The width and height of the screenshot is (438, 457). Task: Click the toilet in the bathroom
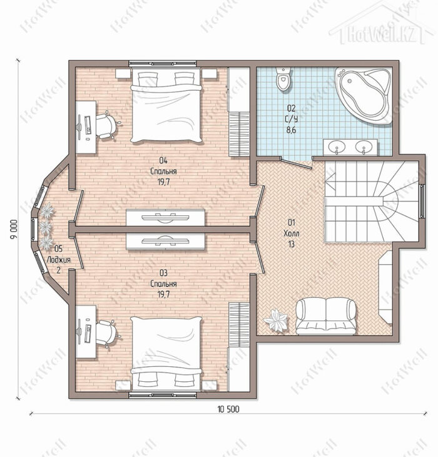283,79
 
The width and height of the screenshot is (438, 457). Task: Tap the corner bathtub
363,95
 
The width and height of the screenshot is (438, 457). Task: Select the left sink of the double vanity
337,146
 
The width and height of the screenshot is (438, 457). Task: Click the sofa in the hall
325,316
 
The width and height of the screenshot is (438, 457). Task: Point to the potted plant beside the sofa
276,320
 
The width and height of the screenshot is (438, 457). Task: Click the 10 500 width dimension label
228,409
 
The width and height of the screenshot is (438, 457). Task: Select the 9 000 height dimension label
14,229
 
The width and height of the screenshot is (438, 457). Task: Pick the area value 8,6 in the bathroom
291,130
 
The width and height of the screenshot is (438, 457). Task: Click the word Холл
291,234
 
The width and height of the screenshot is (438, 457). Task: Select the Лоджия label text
59,260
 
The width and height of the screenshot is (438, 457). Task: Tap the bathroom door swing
297,163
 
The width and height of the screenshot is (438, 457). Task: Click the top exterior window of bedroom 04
162,64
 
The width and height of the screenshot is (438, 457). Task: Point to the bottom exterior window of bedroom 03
162,395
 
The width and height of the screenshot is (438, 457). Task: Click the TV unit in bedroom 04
165,217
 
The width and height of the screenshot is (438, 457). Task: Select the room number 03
163,273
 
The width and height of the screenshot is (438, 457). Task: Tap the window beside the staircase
422,201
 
